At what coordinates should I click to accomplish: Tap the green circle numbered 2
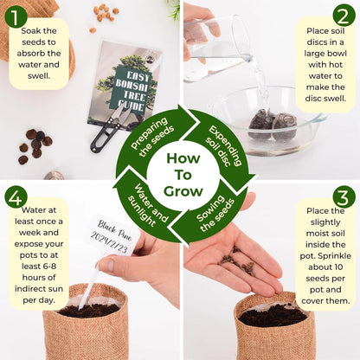tap(343, 16)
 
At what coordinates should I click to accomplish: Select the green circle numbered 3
tap(344, 197)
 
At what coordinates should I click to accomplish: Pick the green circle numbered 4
tap(16, 197)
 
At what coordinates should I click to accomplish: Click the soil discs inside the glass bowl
tap(272, 125)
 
